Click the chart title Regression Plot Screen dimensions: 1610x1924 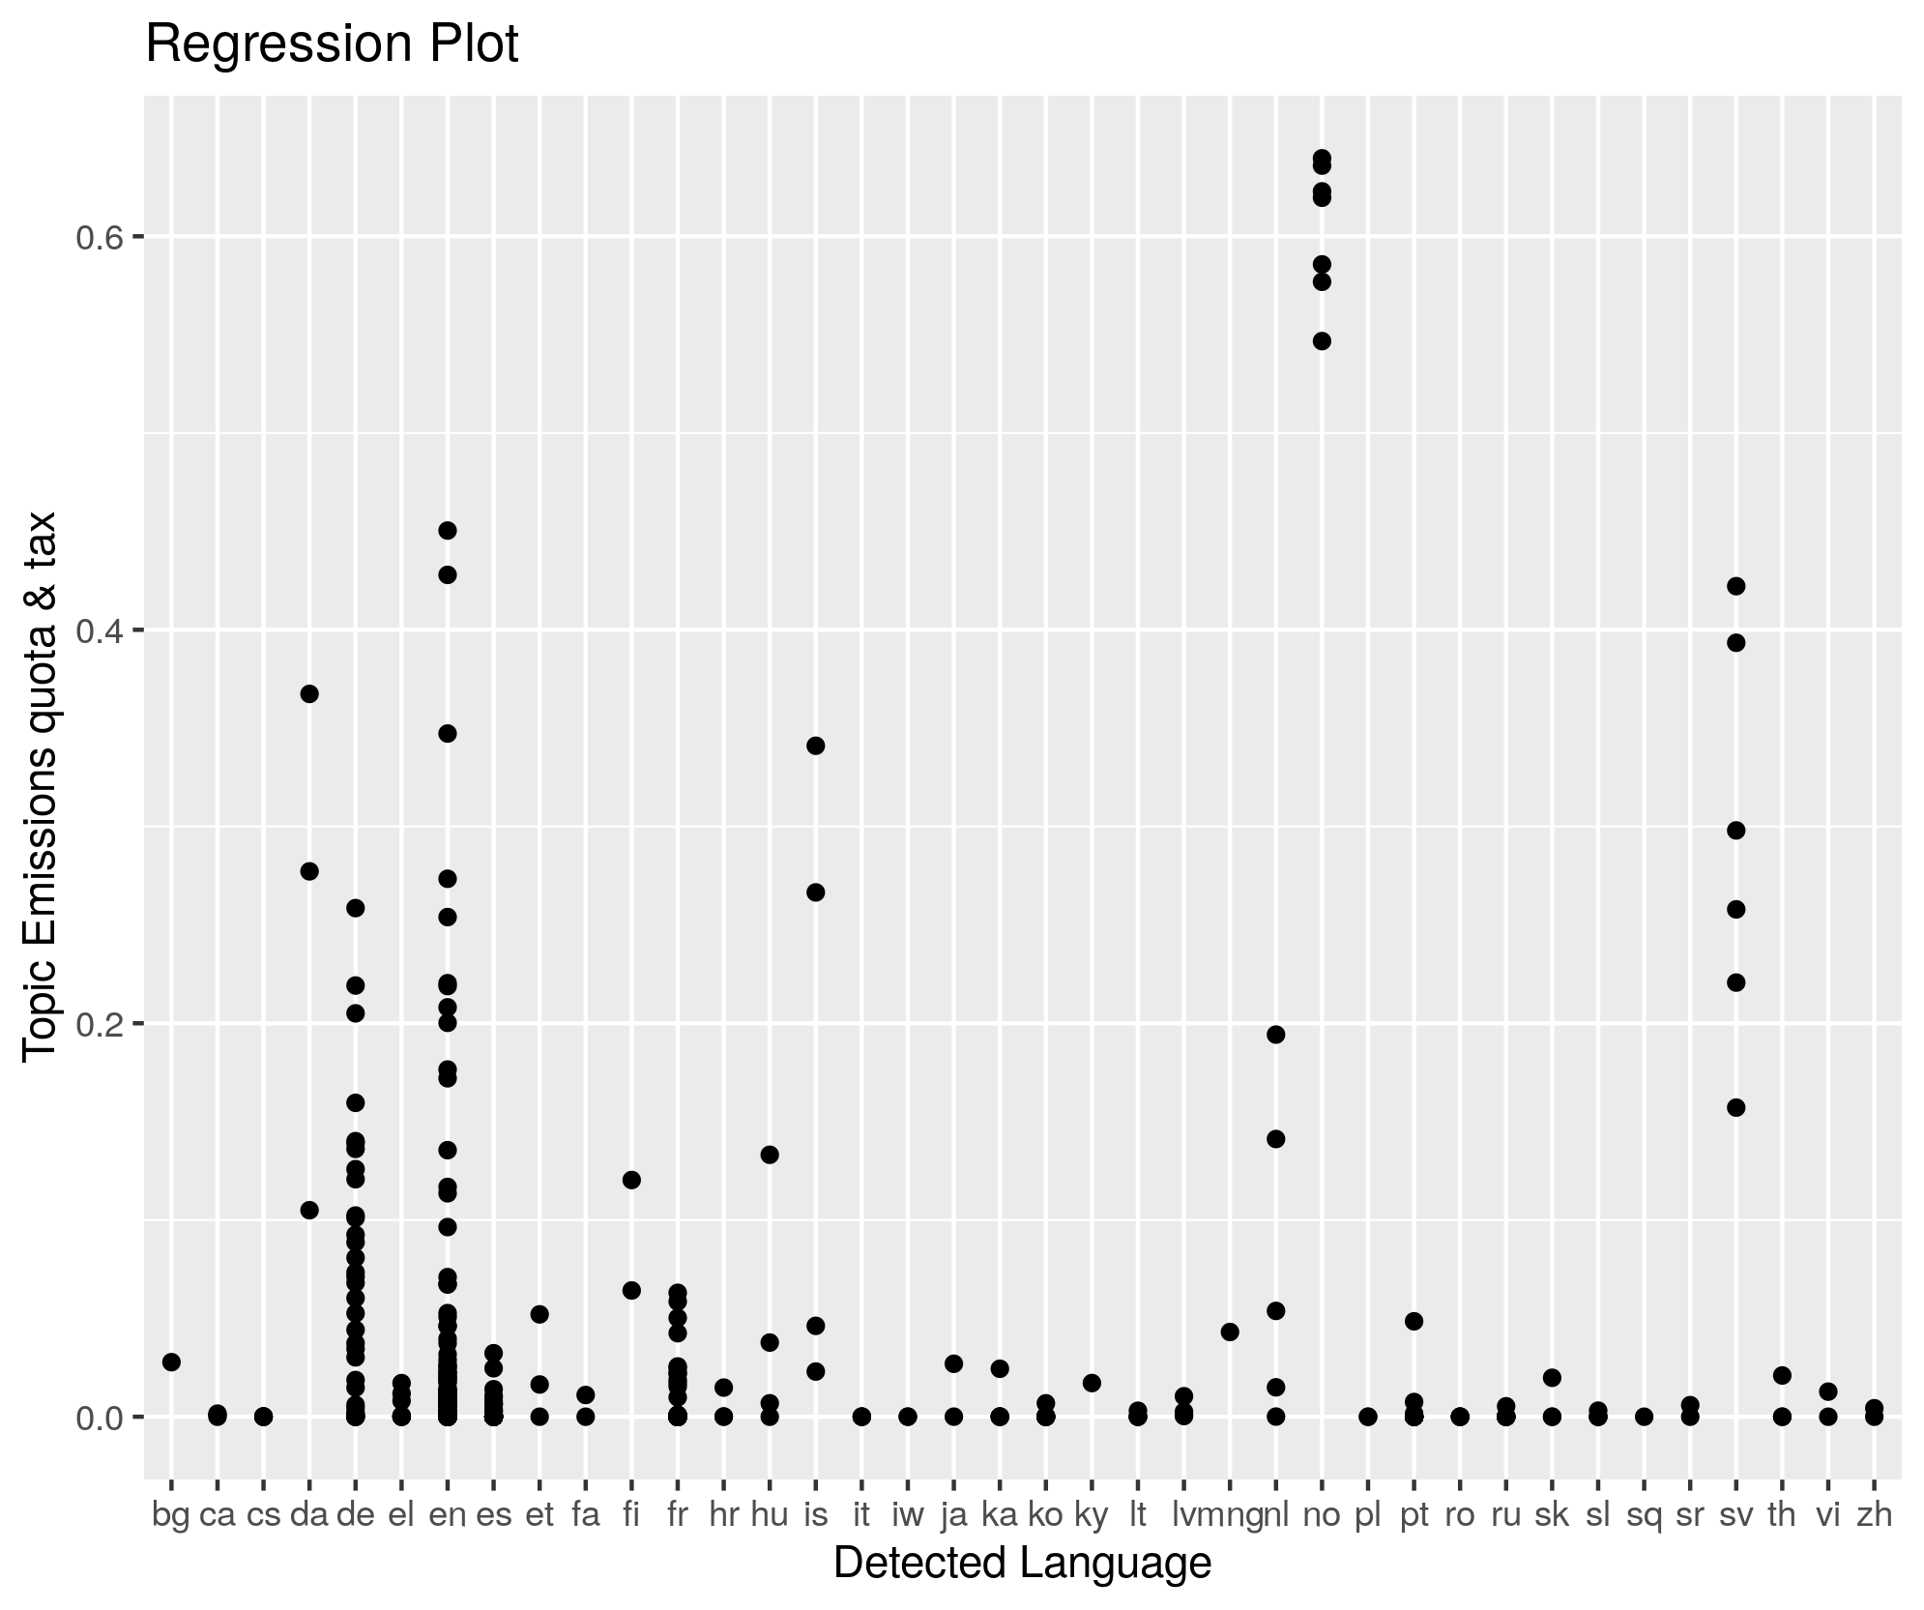[x=332, y=45]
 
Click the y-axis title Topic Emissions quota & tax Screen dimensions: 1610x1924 [x=41, y=786]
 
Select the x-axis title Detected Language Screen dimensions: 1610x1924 [x=1022, y=1564]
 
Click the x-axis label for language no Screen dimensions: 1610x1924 [x=1322, y=1515]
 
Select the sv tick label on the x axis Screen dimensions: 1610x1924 [x=1735, y=1515]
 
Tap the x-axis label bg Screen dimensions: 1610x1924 [x=171, y=1515]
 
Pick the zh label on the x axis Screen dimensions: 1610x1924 [x=1874, y=1515]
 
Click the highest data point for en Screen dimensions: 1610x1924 [x=448, y=530]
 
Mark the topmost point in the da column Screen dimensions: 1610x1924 [x=309, y=693]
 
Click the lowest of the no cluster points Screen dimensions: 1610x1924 [x=1322, y=340]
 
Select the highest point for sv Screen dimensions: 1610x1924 [x=1735, y=586]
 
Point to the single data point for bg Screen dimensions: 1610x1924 [x=171, y=1361]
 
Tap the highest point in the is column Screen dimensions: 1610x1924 [x=815, y=746]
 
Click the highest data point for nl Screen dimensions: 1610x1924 [x=1275, y=1035]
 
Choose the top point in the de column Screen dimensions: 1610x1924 [x=355, y=908]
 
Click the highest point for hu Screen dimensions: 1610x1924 [x=770, y=1155]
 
